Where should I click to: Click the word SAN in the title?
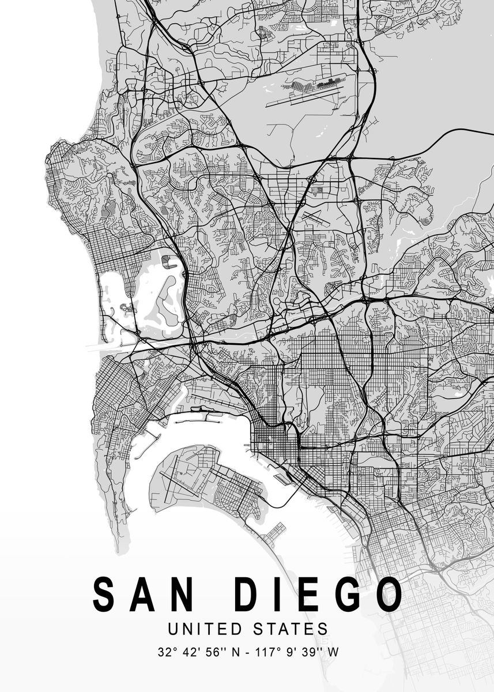[x=144, y=594]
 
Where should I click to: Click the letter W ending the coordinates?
[x=333, y=653]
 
